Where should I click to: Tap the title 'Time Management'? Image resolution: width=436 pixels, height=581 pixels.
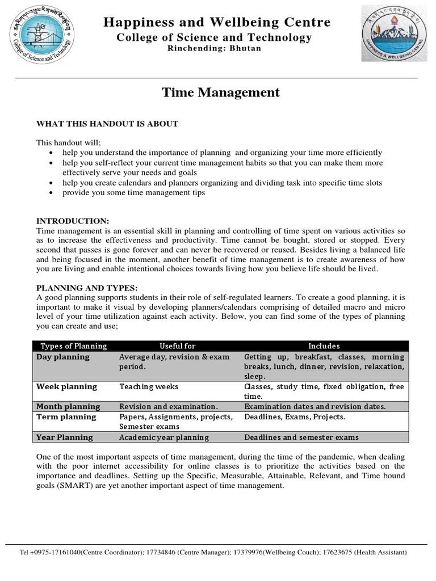221,92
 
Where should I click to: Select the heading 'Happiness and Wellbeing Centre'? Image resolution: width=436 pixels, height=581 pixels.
216,22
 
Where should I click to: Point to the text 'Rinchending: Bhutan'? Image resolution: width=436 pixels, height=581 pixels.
214,49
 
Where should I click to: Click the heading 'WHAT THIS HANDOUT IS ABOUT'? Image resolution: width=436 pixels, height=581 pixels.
107,124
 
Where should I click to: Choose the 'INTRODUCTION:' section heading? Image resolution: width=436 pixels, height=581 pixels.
73,221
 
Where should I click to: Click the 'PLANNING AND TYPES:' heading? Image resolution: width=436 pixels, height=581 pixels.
87,288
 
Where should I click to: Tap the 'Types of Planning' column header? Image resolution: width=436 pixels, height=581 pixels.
74,346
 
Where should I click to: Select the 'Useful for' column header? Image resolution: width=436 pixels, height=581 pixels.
177,346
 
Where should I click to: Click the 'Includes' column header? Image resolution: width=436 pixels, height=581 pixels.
324,346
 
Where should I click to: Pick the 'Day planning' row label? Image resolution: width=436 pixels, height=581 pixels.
63,357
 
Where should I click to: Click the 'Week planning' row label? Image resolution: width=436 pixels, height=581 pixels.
66,386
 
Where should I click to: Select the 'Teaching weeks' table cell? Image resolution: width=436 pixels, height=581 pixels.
149,386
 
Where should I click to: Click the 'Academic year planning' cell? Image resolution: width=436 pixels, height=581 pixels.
164,437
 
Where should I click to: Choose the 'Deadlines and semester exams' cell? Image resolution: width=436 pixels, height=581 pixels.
301,437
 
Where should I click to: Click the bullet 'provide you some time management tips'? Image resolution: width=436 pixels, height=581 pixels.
133,192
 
